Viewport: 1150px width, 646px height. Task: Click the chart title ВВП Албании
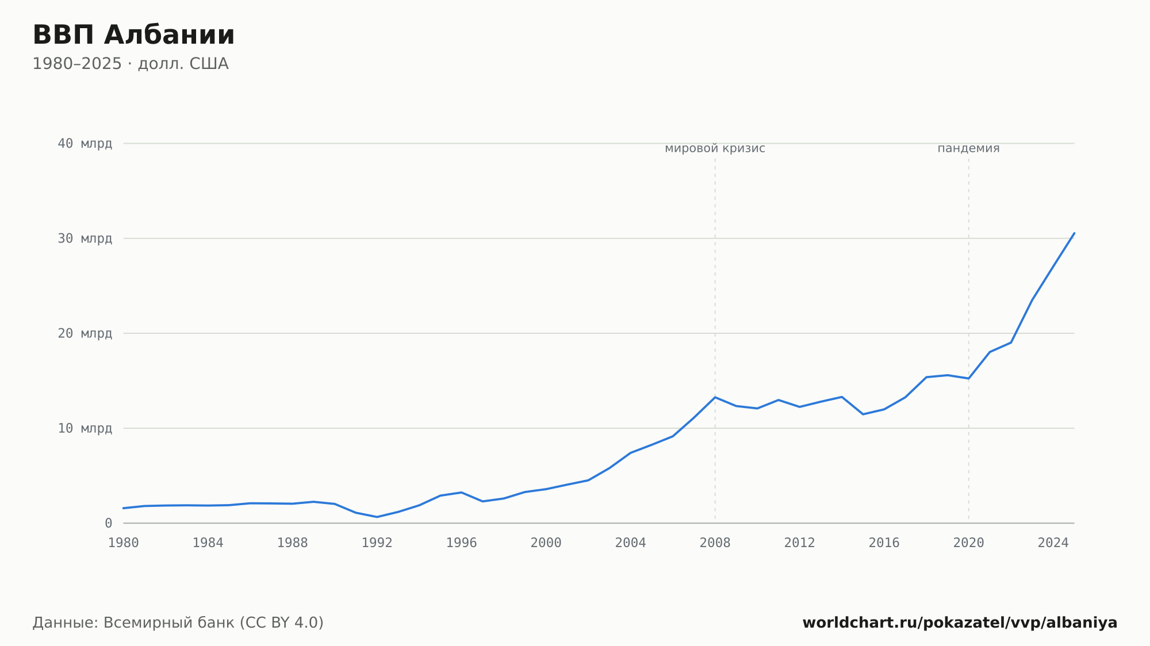tap(133, 35)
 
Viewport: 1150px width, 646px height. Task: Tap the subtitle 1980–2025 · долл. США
tap(131, 64)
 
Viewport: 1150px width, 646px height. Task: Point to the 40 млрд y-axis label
tap(85, 144)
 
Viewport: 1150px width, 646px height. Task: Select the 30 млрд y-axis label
tap(85, 239)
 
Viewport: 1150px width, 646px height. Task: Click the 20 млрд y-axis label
tap(85, 333)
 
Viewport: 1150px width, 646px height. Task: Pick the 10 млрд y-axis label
tap(85, 428)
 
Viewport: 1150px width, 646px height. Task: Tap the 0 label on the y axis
tap(109, 523)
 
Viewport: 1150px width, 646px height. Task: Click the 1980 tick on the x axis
tap(124, 543)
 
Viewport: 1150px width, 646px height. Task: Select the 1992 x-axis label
tap(377, 543)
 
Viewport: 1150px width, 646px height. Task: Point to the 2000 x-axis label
tap(546, 543)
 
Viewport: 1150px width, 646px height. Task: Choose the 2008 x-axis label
tap(715, 543)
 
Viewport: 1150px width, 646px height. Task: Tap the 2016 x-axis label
tap(884, 543)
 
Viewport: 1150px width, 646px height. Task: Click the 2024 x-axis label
tap(1053, 543)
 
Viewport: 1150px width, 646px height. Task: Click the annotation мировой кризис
tap(715, 148)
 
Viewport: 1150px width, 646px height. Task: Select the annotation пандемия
tap(969, 148)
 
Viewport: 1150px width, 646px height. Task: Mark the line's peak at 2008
tap(715, 397)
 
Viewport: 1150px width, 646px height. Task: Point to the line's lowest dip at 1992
tap(377, 517)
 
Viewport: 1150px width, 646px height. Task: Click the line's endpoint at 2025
tap(1074, 233)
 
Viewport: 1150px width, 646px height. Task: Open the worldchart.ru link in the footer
tap(960, 623)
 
